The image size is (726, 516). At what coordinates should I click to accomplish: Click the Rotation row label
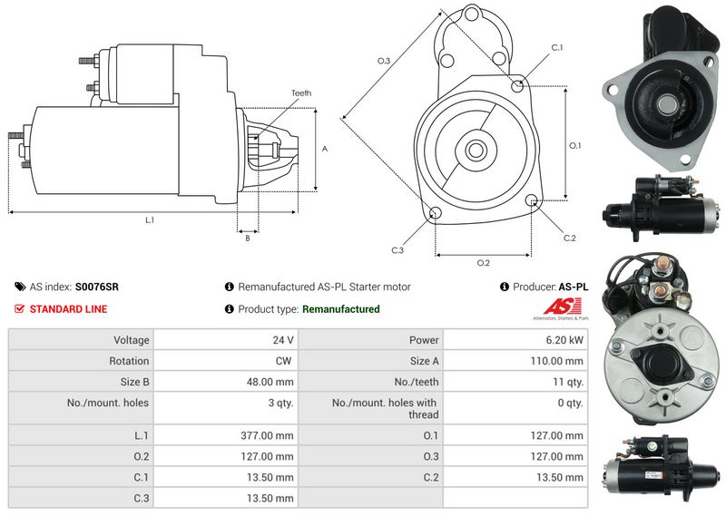pyautogui.click(x=129, y=361)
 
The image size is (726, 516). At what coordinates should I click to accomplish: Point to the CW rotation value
pyautogui.click(x=283, y=361)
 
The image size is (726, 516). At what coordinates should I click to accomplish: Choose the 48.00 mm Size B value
pyautogui.click(x=270, y=382)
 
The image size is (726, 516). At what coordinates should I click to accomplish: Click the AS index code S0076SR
pyautogui.click(x=97, y=287)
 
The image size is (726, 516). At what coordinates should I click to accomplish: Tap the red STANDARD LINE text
pyautogui.click(x=69, y=309)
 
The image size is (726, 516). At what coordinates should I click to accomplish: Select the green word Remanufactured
pyautogui.click(x=341, y=309)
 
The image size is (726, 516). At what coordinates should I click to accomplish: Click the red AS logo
pyautogui.click(x=562, y=306)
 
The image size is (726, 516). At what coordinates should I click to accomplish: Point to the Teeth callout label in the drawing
pyautogui.click(x=301, y=93)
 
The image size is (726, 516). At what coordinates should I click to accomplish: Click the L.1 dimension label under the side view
pyautogui.click(x=150, y=220)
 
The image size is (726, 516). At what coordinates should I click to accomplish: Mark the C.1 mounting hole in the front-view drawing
pyautogui.click(x=517, y=85)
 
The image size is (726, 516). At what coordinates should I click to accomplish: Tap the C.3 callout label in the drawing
pyautogui.click(x=397, y=250)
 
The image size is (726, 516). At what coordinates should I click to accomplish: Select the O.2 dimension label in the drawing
pyautogui.click(x=484, y=263)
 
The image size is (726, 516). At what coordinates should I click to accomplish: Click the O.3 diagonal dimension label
pyautogui.click(x=384, y=61)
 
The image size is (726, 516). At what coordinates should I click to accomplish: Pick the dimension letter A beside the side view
pyautogui.click(x=325, y=149)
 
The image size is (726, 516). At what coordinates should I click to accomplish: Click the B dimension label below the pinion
pyautogui.click(x=248, y=239)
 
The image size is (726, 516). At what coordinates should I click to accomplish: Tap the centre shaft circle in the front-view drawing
pyautogui.click(x=476, y=150)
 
